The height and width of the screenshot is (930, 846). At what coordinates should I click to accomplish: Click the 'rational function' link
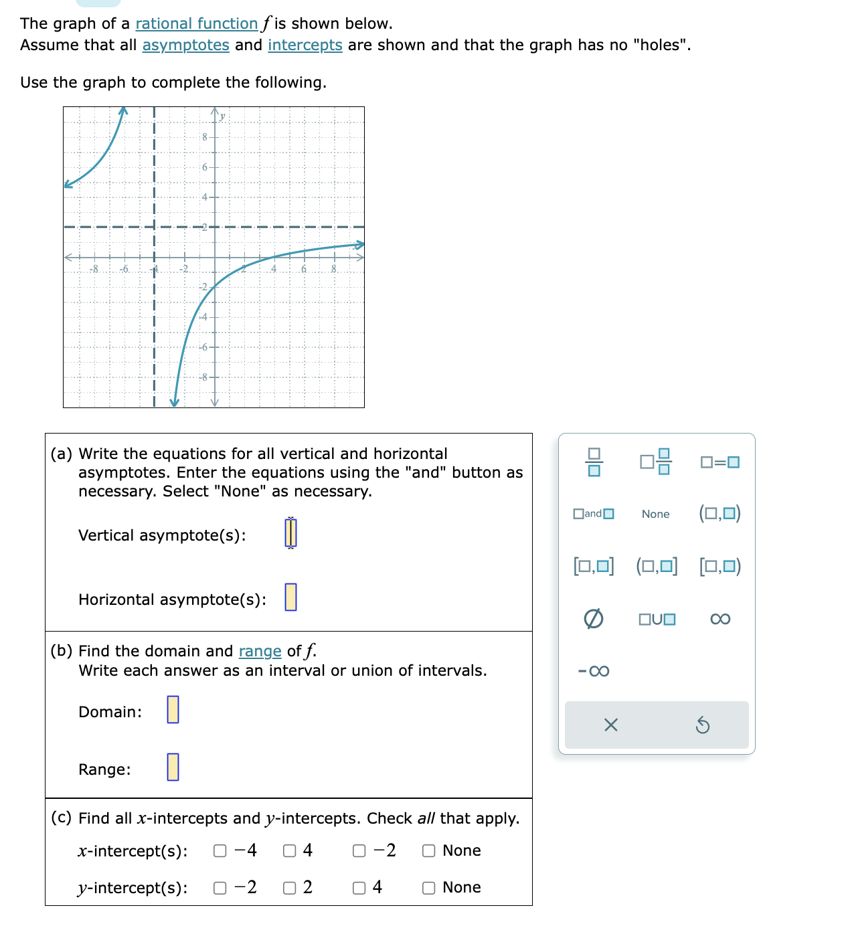196,24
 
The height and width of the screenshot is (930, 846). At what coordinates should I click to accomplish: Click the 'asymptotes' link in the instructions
185,45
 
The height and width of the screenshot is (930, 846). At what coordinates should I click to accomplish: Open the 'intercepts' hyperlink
305,45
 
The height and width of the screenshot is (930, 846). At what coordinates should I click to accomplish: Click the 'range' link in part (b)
260,652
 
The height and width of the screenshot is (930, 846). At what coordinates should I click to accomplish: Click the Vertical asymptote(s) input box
290,533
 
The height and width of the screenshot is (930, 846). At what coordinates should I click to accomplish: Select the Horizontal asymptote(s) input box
290,597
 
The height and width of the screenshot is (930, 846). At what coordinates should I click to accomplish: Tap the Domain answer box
173,710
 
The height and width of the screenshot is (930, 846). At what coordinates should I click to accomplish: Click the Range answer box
173,767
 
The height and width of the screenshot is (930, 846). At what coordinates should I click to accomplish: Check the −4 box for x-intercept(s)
220,851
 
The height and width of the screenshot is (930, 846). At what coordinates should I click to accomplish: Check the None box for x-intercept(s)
429,851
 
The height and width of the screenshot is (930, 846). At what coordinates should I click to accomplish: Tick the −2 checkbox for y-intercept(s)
220,888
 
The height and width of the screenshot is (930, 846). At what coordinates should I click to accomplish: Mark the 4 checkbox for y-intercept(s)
359,888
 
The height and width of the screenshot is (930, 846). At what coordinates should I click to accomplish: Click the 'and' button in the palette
593,514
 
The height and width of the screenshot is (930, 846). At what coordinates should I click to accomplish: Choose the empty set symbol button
593,619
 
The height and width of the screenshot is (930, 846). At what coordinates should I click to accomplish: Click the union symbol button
657,619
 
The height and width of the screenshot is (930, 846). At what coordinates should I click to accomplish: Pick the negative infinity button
593,671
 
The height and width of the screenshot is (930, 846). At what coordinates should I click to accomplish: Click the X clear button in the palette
610,725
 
